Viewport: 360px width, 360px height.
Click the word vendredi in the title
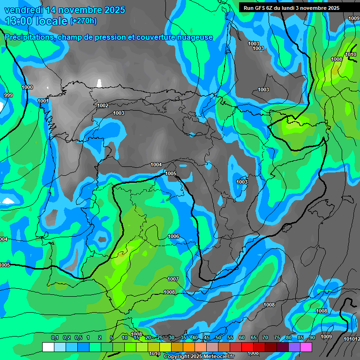tap(24, 10)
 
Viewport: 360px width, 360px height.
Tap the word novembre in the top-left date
tap(83, 10)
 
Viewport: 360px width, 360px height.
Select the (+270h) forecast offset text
tap(83, 21)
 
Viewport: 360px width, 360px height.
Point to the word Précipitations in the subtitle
tap(30, 37)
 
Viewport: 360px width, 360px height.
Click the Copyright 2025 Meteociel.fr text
tap(199, 357)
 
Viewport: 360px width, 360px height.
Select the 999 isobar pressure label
tap(8, 95)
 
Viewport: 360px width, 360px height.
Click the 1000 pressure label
tap(27, 87)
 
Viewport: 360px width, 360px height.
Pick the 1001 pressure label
tap(43, 101)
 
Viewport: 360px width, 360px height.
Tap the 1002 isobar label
tap(103, 105)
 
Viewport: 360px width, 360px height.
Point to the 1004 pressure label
tap(156, 165)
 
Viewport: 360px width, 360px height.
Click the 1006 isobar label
tap(173, 236)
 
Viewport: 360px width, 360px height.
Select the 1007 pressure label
tap(173, 279)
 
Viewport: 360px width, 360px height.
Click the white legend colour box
tap(48, 347)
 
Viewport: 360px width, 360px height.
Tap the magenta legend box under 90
tap(306, 347)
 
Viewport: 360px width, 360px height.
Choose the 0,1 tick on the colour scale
tap(54, 337)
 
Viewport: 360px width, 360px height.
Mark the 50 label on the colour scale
tap(218, 337)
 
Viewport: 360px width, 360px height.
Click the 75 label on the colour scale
tap(277, 337)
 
